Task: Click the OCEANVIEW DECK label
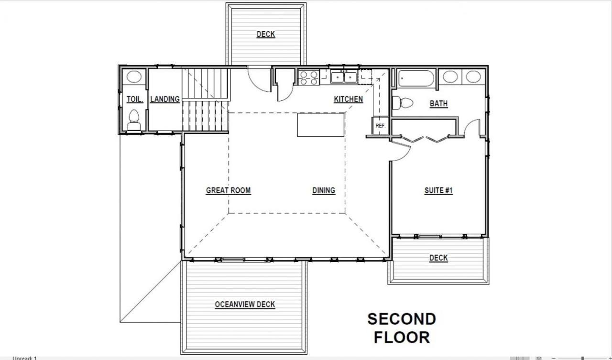coord(245,304)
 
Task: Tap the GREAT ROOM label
coord(229,190)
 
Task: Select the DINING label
coord(324,190)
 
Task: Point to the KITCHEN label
coord(349,99)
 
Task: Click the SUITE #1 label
coord(438,190)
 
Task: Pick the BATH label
coord(438,104)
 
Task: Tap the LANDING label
coord(165,99)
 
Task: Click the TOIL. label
coord(135,99)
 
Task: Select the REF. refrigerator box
coord(380,126)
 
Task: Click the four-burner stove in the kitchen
coord(309,77)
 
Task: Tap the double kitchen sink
coord(344,77)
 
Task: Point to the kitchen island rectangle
coord(321,125)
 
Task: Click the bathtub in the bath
coord(416,78)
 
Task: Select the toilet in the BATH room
coord(403,103)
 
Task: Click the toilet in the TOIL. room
coord(134,120)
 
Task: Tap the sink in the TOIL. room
coord(134,76)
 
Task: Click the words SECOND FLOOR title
coord(402,328)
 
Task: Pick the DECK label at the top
coord(265,34)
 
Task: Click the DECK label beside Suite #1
coord(438,258)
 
